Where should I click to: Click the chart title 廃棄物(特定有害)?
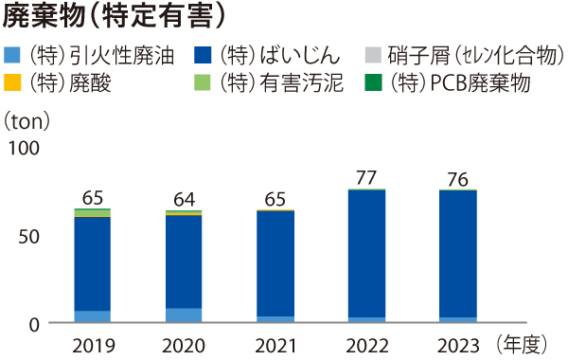click(x=116, y=17)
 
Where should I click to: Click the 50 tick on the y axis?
click(x=30, y=236)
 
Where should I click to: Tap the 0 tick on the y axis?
click(x=34, y=324)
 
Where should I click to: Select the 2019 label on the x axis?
click(x=93, y=344)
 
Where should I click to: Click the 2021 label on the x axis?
click(x=275, y=344)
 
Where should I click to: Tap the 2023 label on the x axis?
click(x=456, y=344)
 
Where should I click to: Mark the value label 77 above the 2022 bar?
click(x=365, y=177)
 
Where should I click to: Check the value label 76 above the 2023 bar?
click(x=456, y=178)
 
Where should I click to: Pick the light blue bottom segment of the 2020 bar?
click(x=184, y=315)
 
